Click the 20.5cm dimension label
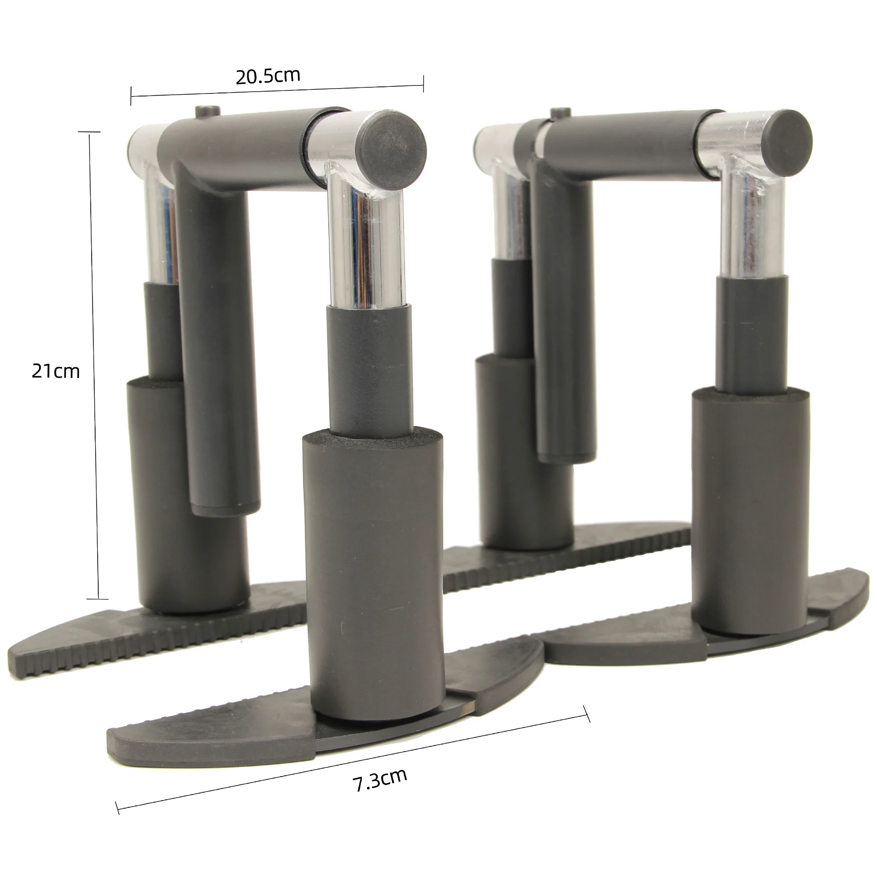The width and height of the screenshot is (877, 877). (268, 76)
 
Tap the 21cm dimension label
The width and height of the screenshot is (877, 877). (55, 371)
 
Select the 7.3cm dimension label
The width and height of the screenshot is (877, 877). (380, 779)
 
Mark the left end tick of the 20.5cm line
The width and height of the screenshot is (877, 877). (131, 96)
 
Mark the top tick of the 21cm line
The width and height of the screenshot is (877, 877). (89, 132)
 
